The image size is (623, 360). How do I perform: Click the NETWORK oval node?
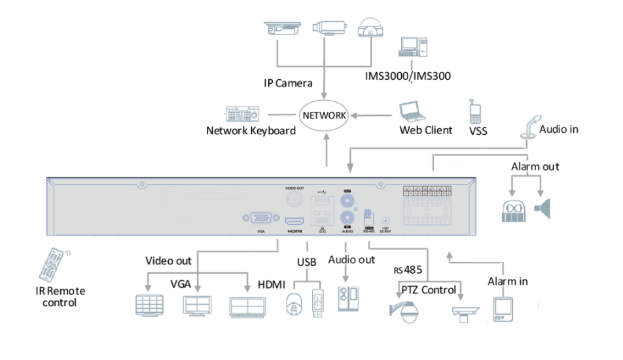[323, 115]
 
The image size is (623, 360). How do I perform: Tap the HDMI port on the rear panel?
[294, 219]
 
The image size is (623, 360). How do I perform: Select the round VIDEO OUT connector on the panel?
[295, 200]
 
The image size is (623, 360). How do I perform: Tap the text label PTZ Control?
[429, 290]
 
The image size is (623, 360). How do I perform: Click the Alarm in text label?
[507, 281]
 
